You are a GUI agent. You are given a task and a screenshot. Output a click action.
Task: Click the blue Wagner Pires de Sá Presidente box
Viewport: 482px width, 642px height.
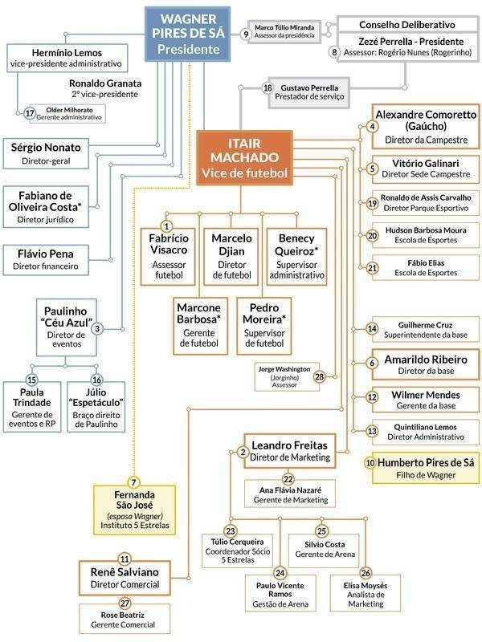[x=182, y=33]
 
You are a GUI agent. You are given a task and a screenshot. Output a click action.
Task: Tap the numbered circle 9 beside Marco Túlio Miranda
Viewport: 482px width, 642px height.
[x=246, y=33]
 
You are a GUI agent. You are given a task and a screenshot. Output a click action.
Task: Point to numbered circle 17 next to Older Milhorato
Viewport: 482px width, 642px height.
[x=30, y=113]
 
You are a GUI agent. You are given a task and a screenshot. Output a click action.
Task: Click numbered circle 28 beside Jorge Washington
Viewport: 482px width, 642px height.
[x=319, y=376]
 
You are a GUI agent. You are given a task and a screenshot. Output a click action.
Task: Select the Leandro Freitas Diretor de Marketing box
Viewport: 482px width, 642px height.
[x=290, y=450]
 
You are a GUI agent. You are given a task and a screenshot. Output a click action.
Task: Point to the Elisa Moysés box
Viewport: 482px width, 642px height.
[x=366, y=592]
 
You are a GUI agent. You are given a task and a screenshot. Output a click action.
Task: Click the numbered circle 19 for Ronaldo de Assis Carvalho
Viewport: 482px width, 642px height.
[x=372, y=204]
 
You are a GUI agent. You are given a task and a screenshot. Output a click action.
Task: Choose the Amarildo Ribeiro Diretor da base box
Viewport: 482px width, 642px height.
[x=422, y=364]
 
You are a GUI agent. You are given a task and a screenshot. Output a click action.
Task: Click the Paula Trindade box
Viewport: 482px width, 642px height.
[x=32, y=408]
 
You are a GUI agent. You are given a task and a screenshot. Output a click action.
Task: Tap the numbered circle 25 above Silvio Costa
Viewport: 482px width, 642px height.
[x=321, y=531]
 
